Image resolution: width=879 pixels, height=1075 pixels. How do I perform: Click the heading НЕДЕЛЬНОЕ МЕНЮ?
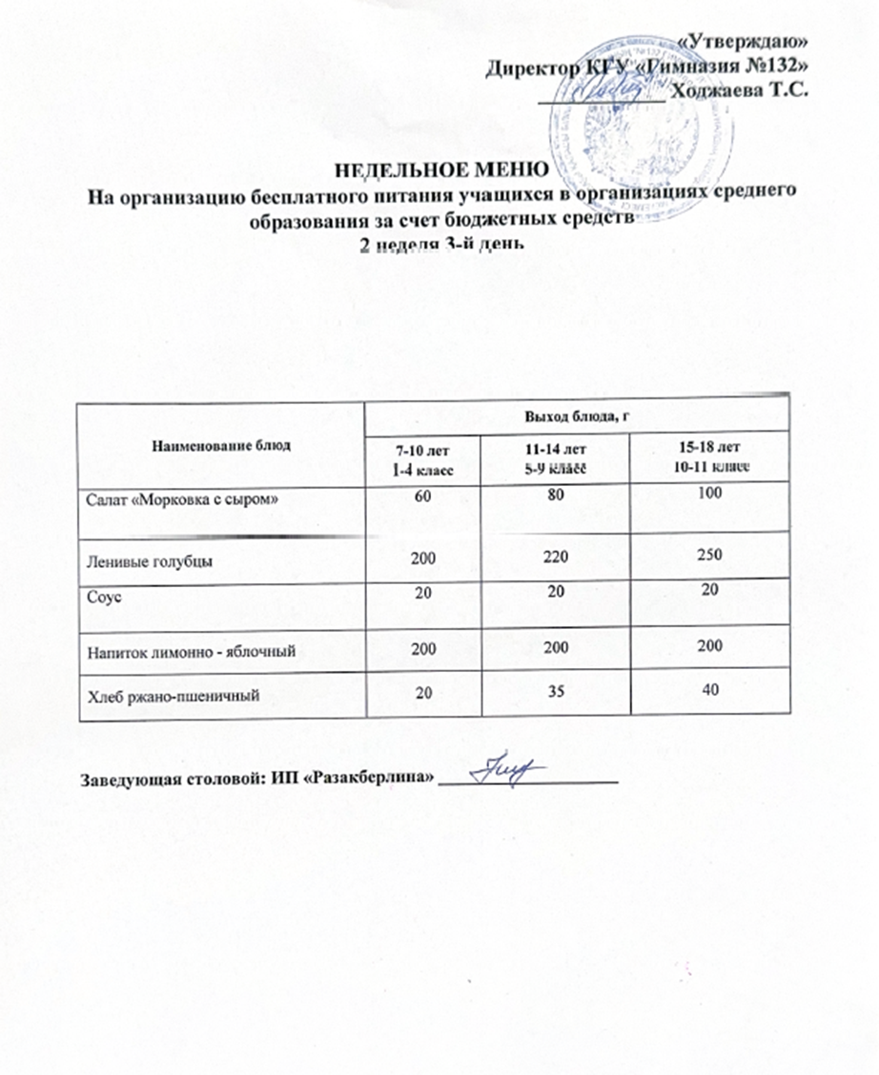439,172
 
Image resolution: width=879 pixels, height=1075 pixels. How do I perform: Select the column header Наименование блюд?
222,445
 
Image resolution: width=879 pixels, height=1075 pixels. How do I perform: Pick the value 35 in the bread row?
550,689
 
